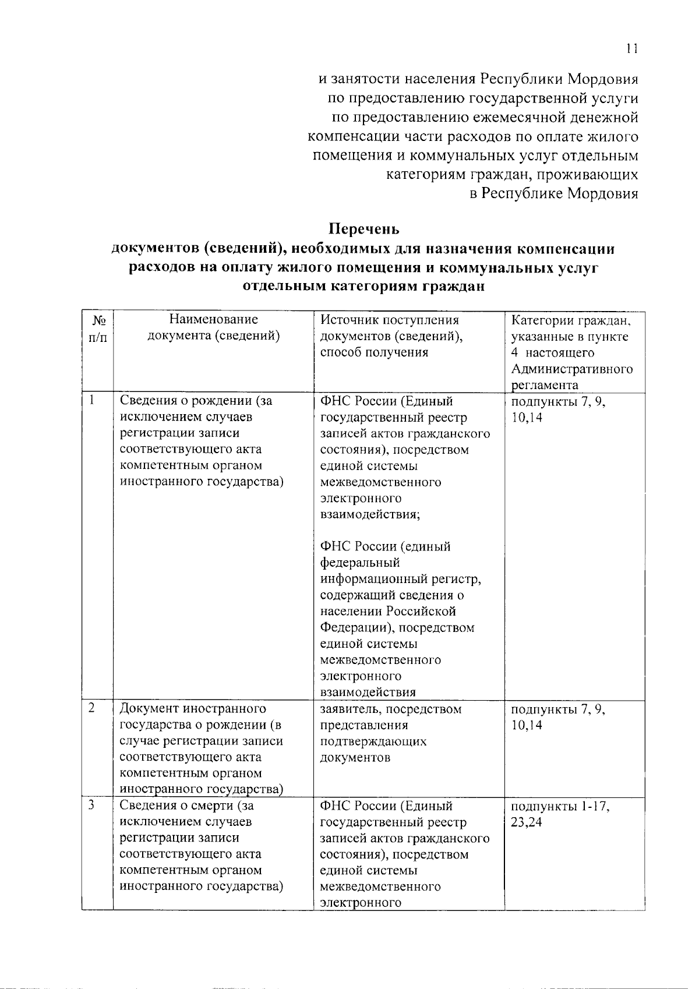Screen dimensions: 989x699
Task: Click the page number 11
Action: pos(633,50)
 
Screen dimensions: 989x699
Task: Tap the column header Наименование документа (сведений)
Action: pos(213,327)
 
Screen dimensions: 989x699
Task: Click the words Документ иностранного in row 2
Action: pos(193,709)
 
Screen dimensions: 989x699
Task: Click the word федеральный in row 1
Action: pos(360,563)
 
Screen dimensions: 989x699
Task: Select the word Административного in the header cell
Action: pos(571,369)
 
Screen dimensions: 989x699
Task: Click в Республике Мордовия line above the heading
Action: pos(554,193)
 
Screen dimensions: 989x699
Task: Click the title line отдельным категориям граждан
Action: pos(363,287)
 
